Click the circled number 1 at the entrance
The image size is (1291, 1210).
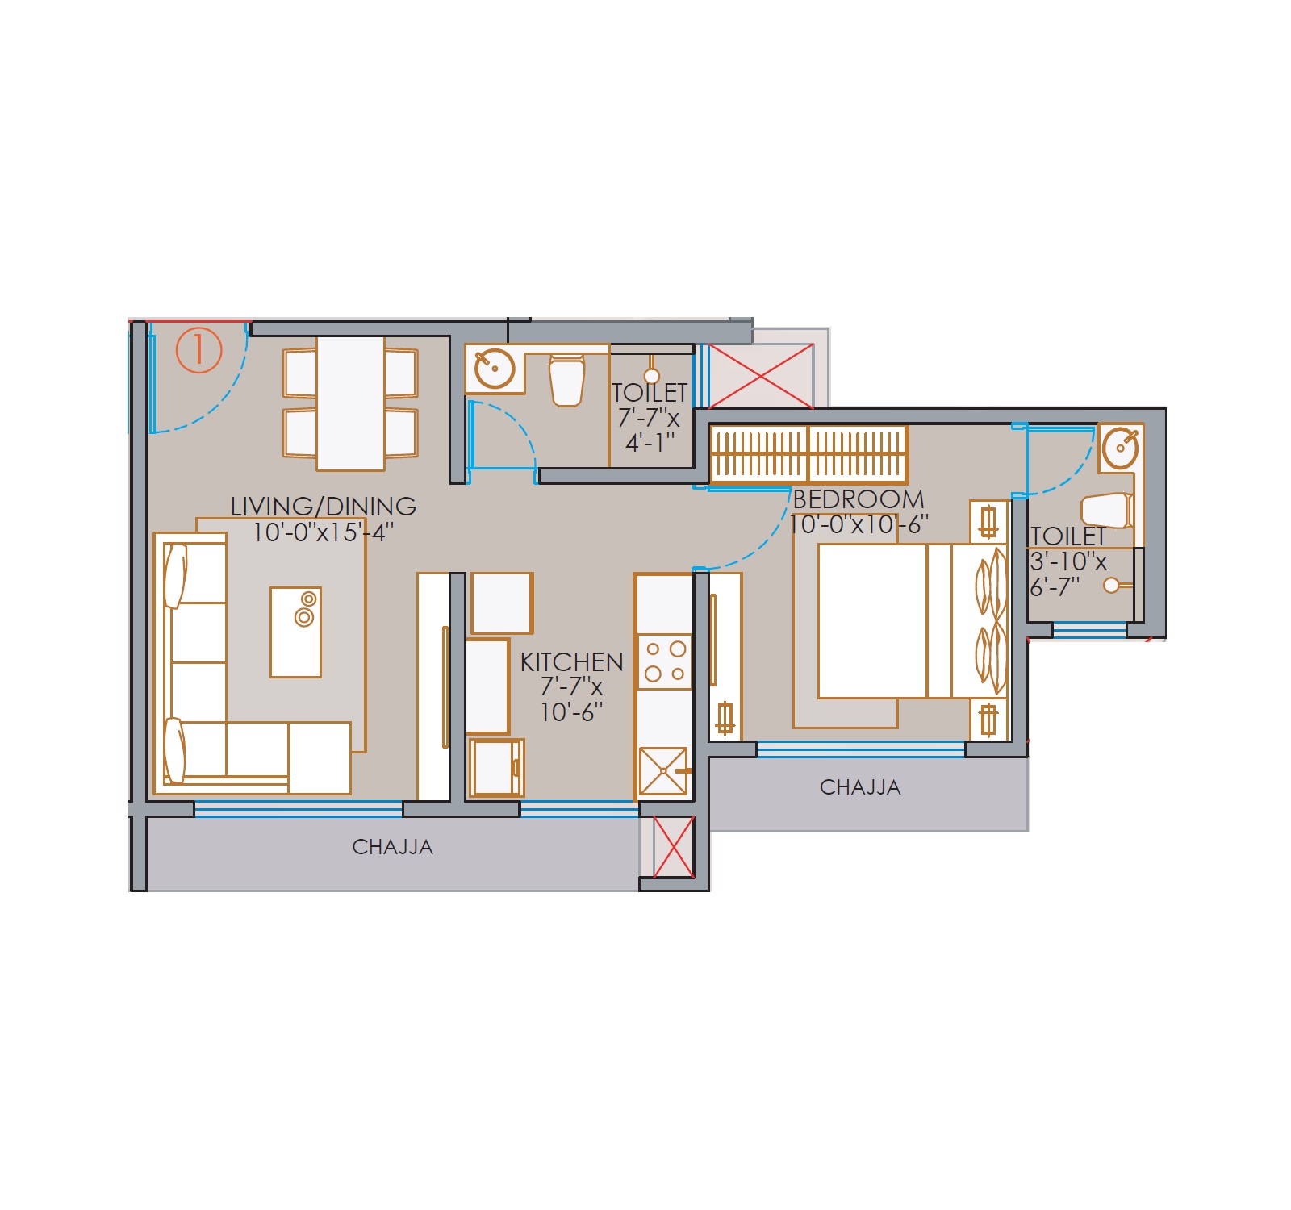(198, 350)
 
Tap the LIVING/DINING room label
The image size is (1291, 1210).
(324, 506)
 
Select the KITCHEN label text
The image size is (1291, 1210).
(571, 662)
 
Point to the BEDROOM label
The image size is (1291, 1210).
(859, 499)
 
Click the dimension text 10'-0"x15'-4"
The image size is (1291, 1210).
(324, 532)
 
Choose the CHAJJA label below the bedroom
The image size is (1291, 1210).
(860, 787)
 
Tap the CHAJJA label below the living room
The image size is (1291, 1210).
(393, 847)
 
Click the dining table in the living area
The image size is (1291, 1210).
(350, 403)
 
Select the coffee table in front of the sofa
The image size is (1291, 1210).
(295, 632)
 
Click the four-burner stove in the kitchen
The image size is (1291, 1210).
(666, 661)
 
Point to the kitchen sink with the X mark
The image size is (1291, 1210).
(663, 771)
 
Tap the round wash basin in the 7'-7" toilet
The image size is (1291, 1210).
(495, 369)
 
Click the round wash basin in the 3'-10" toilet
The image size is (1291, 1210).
(1120, 448)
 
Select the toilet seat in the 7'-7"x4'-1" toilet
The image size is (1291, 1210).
(566, 381)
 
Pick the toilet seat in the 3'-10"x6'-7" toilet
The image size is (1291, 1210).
(1106, 511)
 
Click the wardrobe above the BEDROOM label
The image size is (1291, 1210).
(808, 455)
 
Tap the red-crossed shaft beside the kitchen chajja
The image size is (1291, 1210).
(674, 847)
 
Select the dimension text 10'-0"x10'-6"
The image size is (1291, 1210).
(859, 524)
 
